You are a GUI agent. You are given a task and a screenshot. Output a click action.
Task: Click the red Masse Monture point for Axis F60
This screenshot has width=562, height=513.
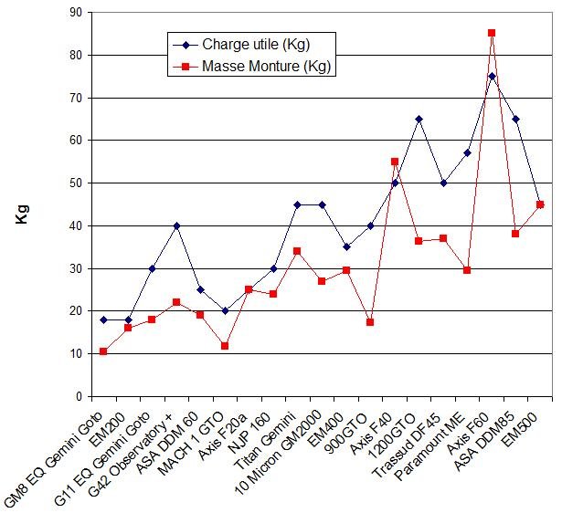492,33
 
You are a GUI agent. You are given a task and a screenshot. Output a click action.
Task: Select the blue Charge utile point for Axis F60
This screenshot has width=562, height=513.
492,76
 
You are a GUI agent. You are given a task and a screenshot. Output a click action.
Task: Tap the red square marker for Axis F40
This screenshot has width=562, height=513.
395,162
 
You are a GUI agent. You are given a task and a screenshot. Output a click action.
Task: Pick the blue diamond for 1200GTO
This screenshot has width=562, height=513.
419,119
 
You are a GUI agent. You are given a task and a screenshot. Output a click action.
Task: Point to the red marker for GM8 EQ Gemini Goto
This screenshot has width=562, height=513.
103,351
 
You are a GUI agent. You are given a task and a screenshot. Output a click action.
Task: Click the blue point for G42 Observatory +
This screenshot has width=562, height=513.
176,225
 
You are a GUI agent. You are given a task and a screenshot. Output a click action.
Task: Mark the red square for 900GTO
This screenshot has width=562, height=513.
370,322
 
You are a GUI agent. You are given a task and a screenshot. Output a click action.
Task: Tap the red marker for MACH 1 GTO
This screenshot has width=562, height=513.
225,346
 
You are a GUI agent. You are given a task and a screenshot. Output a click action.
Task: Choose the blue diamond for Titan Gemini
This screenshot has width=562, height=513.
297,204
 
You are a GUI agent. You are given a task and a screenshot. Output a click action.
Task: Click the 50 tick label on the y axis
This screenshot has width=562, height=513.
74,183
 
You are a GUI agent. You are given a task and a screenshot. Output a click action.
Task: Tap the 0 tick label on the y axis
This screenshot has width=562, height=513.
78,396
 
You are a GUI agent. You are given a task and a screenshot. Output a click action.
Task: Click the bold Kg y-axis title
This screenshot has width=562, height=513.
21,219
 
